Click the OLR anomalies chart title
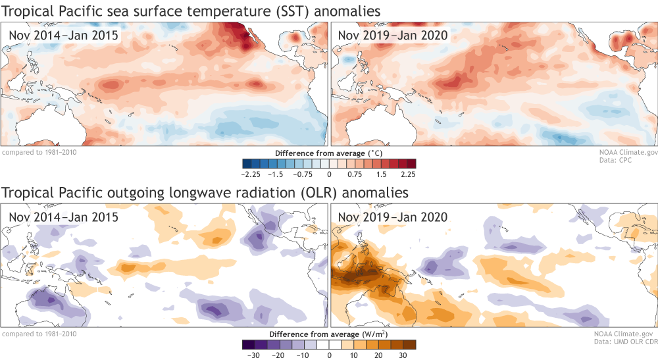[205, 192]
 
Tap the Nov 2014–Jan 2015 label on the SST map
[64, 35]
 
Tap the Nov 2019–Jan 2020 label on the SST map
[393, 35]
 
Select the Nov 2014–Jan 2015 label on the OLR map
[64, 217]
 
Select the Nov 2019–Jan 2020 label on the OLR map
[393, 217]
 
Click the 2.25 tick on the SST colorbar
[408, 174]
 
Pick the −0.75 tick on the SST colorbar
[302, 174]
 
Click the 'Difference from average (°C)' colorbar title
[329, 153]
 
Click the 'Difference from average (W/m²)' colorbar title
[329, 334]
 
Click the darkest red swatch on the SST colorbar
[411, 163]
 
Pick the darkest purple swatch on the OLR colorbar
[247, 344]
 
